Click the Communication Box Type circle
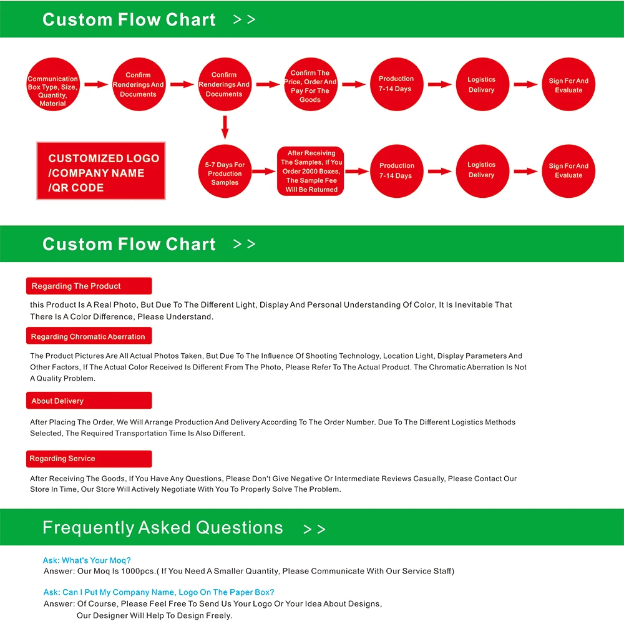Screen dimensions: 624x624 [53, 85]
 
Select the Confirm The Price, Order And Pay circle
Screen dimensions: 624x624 [310, 85]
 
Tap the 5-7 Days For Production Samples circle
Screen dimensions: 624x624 [225, 171]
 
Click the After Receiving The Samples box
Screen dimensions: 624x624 [311, 171]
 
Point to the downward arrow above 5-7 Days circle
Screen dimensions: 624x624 [225, 127]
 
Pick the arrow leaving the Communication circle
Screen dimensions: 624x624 [96, 85]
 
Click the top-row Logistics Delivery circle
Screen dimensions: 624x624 [481, 85]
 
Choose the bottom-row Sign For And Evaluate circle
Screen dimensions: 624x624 [568, 171]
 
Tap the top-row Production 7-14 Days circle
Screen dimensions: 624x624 [396, 85]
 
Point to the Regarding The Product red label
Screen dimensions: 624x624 [89, 286]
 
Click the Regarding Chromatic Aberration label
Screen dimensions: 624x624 [89, 337]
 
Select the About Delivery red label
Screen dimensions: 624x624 [89, 401]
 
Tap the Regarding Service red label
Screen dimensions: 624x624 [89, 459]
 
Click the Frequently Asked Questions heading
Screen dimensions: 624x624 [162, 528]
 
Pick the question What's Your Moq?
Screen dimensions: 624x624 [87, 560]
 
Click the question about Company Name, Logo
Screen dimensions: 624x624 [158, 592]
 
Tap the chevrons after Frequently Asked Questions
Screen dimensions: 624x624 [314, 530]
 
